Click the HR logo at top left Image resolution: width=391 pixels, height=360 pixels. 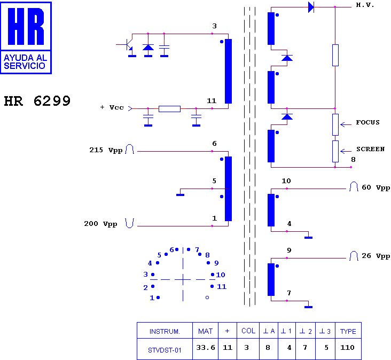[x=26, y=38]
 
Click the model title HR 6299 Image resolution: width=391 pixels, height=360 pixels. [x=37, y=101]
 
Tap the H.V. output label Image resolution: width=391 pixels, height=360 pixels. [x=365, y=5]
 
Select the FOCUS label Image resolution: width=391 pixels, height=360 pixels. [x=368, y=122]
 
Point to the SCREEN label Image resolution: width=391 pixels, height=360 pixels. [x=370, y=149]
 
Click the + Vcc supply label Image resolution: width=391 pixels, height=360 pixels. [x=112, y=107]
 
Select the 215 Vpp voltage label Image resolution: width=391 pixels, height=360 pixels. [x=106, y=150]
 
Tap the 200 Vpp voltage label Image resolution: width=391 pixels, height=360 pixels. [x=100, y=224]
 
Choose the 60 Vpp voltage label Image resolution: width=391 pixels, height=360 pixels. [x=376, y=187]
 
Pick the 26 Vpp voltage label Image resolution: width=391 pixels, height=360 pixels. [x=376, y=256]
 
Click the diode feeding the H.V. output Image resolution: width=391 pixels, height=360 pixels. [x=311, y=7]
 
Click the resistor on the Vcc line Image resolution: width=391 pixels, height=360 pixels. [x=169, y=109]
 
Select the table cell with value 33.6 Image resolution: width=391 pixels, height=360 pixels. [x=206, y=348]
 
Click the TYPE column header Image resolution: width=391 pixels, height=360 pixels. [x=348, y=331]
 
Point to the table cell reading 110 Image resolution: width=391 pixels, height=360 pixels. [x=347, y=348]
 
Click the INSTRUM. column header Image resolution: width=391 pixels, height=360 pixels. [x=165, y=332]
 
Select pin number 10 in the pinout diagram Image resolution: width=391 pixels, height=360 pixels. [x=221, y=275]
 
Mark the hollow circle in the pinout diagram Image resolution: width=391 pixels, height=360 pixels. [x=207, y=298]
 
